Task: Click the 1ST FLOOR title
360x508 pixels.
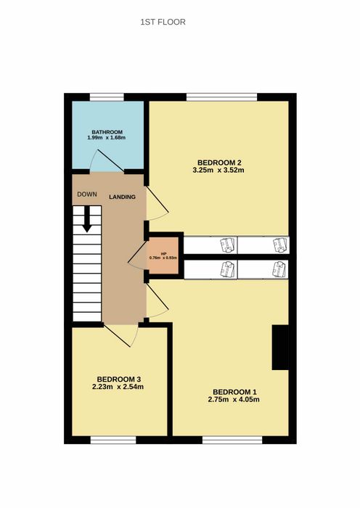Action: point(163,22)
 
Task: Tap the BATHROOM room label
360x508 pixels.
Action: point(107,132)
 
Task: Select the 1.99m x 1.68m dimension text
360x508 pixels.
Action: point(106,137)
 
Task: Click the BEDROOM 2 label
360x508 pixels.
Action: point(220,163)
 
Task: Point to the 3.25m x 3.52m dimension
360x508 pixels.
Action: point(218,170)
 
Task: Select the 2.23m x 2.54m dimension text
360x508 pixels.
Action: point(118,387)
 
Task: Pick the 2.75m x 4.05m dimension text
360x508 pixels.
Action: point(234,399)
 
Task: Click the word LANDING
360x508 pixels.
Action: point(122,197)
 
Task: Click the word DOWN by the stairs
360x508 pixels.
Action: point(87,194)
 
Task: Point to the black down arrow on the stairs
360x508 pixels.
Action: point(87,219)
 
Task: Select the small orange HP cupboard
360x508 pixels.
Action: point(163,255)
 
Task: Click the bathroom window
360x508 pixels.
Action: point(107,97)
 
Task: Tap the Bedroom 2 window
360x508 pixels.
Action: point(222,97)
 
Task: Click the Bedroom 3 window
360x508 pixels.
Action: point(113,440)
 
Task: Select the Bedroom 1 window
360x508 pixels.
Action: point(232,440)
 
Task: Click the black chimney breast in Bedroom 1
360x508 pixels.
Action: point(280,348)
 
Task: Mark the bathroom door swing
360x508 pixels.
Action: point(107,161)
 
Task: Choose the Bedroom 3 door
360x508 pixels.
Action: point(120,335)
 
